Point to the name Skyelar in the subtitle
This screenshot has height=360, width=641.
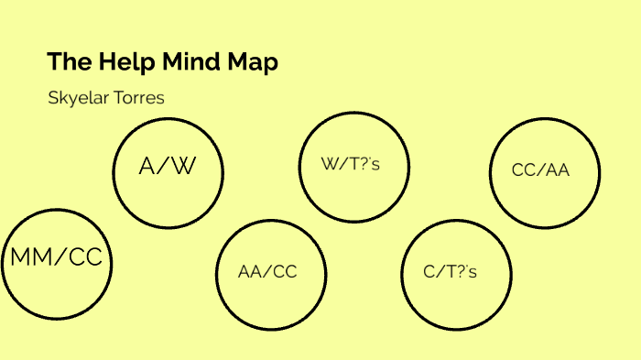[x=77, y=97]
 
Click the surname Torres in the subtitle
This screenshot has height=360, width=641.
[x=137, y=97]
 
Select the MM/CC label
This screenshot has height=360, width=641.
[x=56, y=259]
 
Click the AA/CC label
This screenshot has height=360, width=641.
[x=267, y=272]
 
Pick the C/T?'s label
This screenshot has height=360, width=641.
[x=451, y=272]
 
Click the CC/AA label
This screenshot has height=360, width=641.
[x=541, y=170]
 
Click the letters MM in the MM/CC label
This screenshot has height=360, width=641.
[x=30, y=259]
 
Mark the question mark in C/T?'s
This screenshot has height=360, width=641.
[x=462, y=272]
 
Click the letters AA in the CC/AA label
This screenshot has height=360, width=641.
[x=558, y=170]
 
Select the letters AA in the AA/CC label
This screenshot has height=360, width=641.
[x=250, y=272]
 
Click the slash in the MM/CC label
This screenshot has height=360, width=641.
[x=60, y=259]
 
